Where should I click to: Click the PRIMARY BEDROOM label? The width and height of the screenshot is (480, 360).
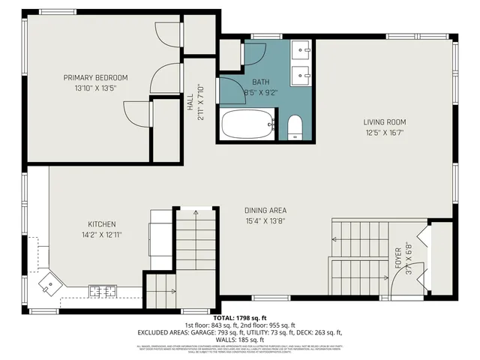[x=95, y=77]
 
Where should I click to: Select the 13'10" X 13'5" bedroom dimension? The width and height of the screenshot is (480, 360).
[x=95, y=88]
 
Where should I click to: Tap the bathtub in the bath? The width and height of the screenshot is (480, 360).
[x=247, y=124]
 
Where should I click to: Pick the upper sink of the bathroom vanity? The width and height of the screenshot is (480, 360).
[x=304, y=51]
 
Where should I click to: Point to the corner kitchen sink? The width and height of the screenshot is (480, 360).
[x=49, y=283]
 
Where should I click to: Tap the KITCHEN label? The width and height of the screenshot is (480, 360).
[x=102, y=224]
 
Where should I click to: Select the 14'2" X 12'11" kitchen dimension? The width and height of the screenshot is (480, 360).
[x=102, y=235]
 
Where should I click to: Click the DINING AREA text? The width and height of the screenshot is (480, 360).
[x=265, y=211]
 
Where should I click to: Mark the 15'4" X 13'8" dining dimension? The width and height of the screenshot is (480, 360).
[x=265, y=221]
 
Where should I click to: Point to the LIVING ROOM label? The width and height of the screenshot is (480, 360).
[x=385, y=122]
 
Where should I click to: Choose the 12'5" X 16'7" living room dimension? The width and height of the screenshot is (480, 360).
[x=385, y=133]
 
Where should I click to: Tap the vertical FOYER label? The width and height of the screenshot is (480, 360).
[x=397, y=257]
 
